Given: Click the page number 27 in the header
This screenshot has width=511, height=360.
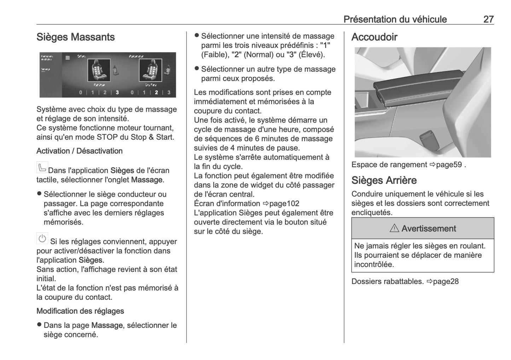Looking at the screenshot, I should [488, 19].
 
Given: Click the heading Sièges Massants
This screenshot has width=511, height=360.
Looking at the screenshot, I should [75, 37].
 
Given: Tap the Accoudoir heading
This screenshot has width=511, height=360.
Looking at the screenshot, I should [374, 37].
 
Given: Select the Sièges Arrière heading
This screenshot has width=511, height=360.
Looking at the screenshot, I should [384, 180].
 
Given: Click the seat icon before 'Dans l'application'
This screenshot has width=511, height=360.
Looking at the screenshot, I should [42, 167].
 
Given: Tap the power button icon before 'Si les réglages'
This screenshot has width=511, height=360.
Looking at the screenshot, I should [42, 239].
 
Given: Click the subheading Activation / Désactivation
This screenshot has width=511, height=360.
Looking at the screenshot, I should [79, 151].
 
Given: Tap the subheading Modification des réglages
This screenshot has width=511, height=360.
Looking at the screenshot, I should [80, 311].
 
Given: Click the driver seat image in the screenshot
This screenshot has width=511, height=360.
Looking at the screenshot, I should [97, 70].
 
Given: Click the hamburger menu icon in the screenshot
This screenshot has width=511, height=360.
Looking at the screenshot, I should [68, 57].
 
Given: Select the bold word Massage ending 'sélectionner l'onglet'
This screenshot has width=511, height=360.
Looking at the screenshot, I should [146, 180].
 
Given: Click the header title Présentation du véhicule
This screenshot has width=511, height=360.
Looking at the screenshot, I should [395, 19].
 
